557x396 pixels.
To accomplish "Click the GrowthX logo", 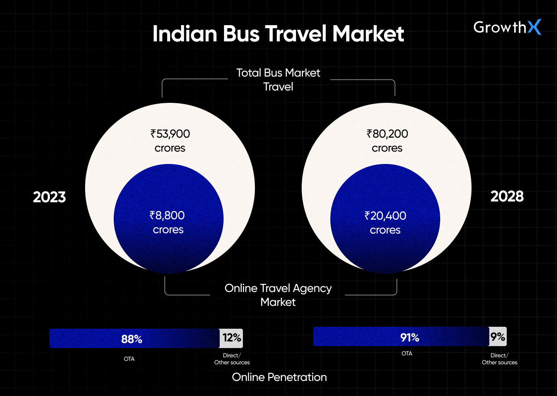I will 507,27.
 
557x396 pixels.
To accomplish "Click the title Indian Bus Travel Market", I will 278,34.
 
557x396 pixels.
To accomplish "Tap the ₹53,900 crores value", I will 170,141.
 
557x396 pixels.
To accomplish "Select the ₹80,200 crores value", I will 387,141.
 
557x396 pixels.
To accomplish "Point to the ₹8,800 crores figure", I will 167,222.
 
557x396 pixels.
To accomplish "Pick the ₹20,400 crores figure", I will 385,223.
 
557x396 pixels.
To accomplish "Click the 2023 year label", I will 49,197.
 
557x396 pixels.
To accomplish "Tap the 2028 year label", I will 507,196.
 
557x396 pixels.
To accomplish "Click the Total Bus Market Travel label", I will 278,80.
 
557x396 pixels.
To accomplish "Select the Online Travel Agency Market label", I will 278,295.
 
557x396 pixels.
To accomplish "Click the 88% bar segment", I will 134,339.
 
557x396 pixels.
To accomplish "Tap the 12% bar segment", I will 232,338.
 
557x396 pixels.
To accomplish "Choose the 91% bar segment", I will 401,337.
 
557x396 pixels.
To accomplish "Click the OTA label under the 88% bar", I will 129,359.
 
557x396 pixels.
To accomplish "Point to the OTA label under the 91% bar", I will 407,353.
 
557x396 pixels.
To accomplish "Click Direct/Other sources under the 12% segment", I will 232,359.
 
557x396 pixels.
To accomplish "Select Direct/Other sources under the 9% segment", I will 499,359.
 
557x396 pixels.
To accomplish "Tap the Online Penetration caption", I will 279,377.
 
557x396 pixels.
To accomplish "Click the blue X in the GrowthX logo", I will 534,27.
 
